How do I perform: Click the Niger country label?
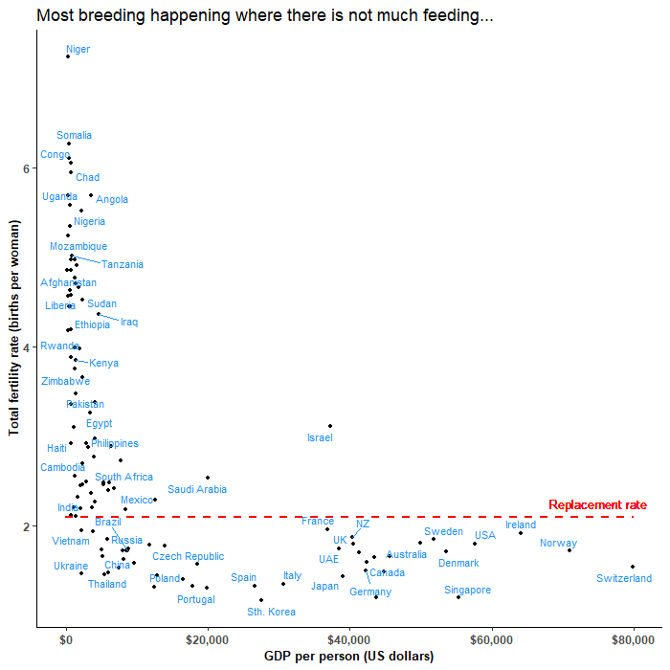78,49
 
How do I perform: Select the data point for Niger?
68,56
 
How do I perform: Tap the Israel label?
320,437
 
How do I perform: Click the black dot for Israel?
330,426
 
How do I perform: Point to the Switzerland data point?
633,567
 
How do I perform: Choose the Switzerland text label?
623,578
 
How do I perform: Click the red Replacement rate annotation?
597,504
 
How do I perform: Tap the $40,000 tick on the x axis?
349,638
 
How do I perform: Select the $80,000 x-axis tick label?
633,638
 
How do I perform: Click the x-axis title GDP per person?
348,657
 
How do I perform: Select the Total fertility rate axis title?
15,336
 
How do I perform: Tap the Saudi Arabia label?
197,489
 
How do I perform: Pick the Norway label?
558,543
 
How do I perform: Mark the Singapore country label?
468,590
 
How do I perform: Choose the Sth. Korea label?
271,612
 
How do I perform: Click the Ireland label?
521,525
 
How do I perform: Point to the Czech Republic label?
189,556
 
